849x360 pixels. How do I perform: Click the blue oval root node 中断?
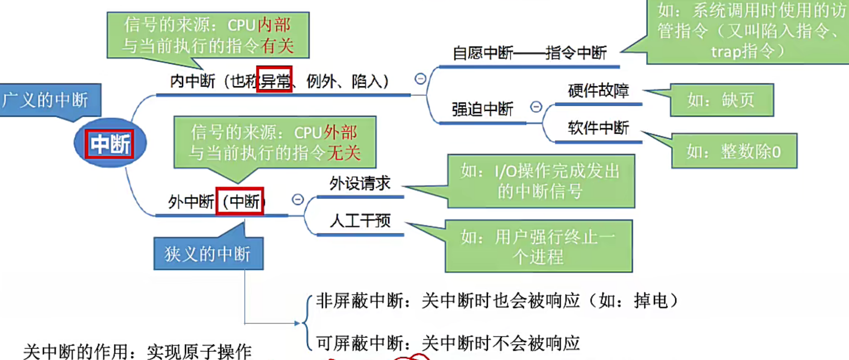coord(110,144)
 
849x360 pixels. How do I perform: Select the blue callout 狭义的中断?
coord(208,254)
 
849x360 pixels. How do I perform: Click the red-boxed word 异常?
coord(274,80)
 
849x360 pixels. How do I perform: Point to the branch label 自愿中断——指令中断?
coord(529,53)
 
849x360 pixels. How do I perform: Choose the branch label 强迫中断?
coord(482,109)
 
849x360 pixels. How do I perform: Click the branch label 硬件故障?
coord(598,91)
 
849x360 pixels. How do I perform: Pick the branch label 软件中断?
coord(598,128)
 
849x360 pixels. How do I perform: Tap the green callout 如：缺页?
coord(721,100)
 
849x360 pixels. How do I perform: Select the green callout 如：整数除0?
coord(734,152)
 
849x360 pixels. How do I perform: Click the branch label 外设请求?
coord(360,183)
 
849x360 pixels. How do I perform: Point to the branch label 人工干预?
coord(360,221)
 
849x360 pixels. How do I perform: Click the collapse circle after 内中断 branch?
coord(421,78)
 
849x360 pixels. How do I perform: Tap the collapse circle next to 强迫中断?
coord(536,106)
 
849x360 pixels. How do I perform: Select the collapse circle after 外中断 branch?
coord(298,199)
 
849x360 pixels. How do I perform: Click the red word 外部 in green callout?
coord(341,132)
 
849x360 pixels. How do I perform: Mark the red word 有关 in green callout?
coord(277,46)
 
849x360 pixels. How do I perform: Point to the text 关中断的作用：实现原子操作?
coord(137,352)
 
